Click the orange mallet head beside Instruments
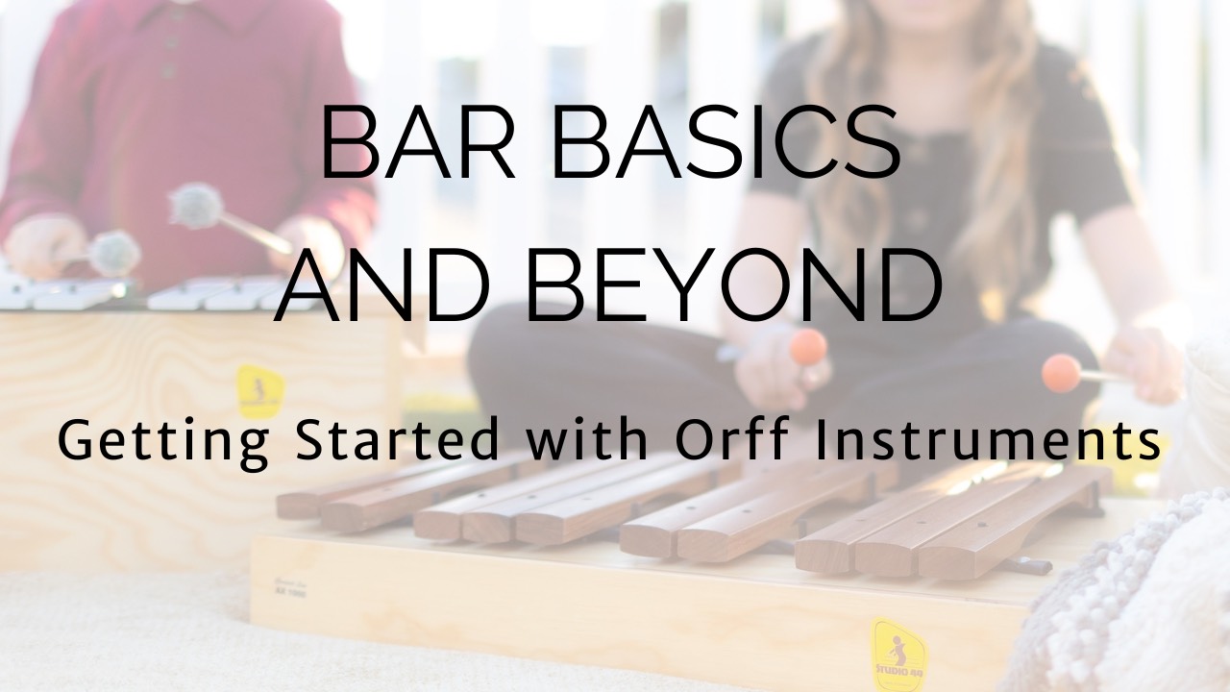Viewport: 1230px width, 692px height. (1062, 372)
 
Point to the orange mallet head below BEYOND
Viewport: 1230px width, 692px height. (807, 347)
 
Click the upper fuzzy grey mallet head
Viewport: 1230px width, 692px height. (196, 206)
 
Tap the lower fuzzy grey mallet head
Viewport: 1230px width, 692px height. (114, 254)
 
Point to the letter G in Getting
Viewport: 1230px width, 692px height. (76, 442)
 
